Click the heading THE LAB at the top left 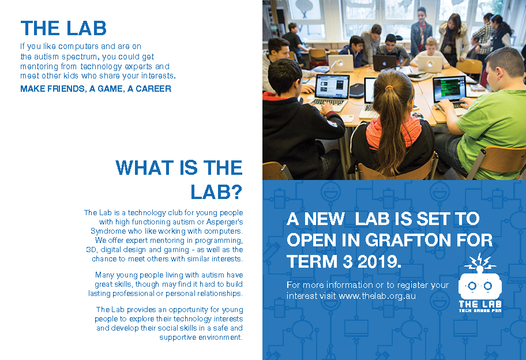[63, 28]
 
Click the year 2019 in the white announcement [379, 262]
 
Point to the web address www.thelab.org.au [377, 296]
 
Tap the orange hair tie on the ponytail [389, 88]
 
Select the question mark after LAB [236, 192]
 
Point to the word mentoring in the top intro [39, 66]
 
